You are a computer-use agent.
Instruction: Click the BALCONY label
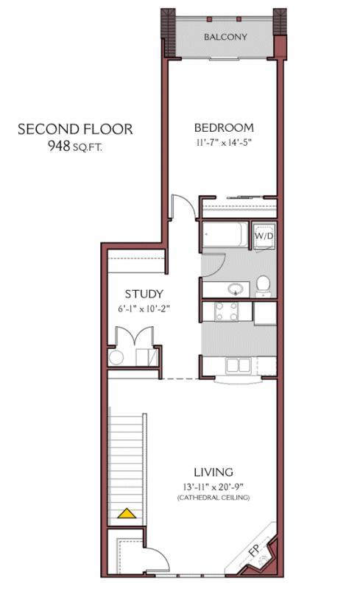225,37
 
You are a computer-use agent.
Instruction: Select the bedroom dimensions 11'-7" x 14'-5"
224,142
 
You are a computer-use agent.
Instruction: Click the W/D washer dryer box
264,236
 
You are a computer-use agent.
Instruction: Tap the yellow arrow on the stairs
130,513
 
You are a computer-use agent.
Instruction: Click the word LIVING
213,472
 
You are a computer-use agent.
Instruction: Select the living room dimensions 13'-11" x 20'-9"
213,487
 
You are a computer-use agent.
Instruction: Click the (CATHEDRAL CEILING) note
213,499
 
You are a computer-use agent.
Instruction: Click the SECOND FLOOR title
75,130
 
